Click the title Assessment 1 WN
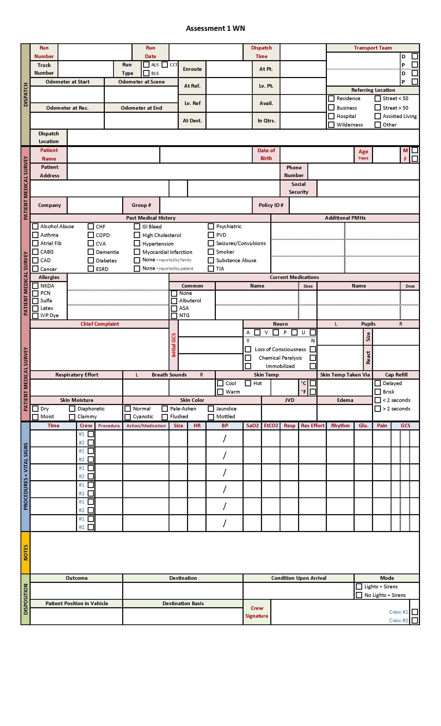tap(215, 28)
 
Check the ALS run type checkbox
tap(146, 65)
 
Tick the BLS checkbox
tap(146, 73)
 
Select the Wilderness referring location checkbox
tap(331, 125)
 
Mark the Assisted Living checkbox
tap(377, 116)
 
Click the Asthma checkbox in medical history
tap(35, 235)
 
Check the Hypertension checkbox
tap(137, 243)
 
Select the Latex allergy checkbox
tap(35, 308)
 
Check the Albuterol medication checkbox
tap(174, 301)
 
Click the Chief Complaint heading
tap(100, 324)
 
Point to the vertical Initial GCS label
tap(174, 345)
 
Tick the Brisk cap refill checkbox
tap(378, 392)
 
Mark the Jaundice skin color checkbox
tap(211, 409)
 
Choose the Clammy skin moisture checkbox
tap(72, 417)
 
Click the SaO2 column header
tap(252, 425)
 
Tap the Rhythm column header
tap(340, 425)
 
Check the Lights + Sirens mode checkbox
tap(359, 587)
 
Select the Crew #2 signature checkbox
tap(415, 620)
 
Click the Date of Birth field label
tap(266, 154)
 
